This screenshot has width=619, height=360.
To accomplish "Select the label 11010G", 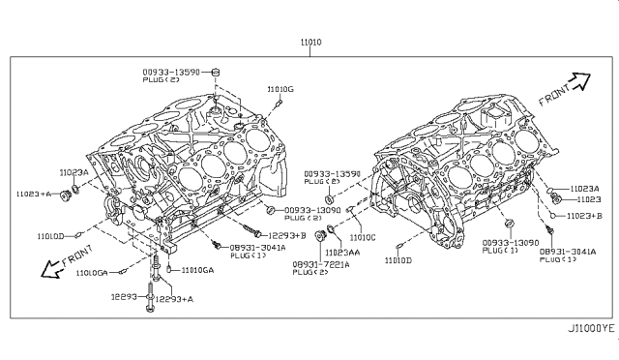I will point(280,88).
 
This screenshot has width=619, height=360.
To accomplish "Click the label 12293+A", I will point(174,300).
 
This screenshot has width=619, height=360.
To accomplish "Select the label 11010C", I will point(363,236).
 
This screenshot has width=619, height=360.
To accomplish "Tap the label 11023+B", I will point(584,215).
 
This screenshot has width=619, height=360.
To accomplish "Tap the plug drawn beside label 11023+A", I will point(67,197).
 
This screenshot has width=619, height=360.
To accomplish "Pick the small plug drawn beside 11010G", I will point(278,102).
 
